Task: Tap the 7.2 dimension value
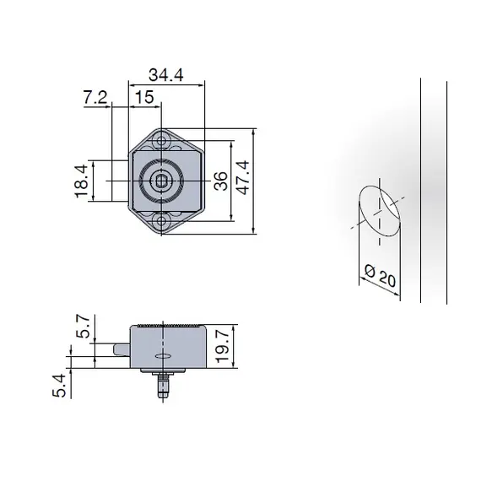(x=95, y=98)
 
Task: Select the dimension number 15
(x=143, y=98)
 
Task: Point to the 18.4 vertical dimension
(x=81, y=181)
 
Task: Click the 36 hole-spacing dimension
(x=220, y=181)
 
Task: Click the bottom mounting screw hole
(x=160, y=223)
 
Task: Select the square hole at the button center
(x=160, y=181)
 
